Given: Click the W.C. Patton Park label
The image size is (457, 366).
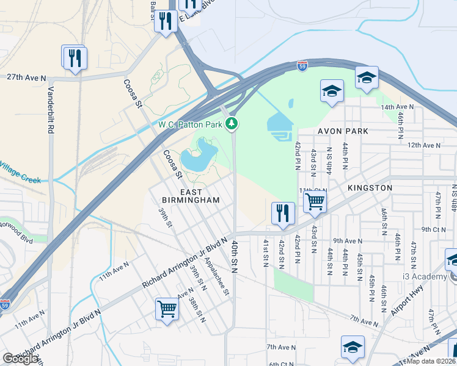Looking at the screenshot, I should point(190,125).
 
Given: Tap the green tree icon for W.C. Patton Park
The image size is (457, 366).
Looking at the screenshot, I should point(232,125).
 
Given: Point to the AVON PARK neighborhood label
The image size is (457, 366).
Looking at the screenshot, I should point(342,131).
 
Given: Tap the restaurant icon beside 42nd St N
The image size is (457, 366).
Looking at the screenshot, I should point(283,213).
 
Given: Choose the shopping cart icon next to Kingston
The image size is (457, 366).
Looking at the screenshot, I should point(314,201).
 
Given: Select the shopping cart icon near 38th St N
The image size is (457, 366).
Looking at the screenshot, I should point(167,309).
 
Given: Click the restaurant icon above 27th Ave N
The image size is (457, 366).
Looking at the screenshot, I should point(75,59).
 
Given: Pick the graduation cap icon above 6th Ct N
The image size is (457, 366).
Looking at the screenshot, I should point(353,347).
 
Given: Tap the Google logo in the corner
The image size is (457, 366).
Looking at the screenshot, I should point(20,359).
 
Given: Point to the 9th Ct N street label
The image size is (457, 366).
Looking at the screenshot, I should point(434,229).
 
